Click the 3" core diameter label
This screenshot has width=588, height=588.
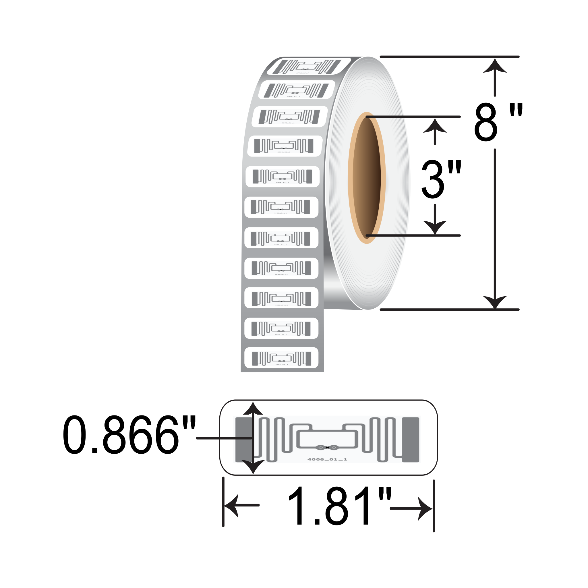tap(441, 179)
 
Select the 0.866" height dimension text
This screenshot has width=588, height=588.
tap(129, 436)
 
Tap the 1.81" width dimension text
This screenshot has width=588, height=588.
tap(339, 507)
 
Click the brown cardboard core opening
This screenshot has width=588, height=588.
tap(367, 178)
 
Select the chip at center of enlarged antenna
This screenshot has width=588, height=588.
tap(327, 447)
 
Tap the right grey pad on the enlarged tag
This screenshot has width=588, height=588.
tap(411, 440)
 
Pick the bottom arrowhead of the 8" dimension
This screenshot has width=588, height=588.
tap(495, 302)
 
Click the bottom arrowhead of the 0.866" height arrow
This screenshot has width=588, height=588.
tap(253, 467)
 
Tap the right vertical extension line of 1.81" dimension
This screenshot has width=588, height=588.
tap(434, 506)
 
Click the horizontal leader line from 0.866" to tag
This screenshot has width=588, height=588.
tap(224, 438)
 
